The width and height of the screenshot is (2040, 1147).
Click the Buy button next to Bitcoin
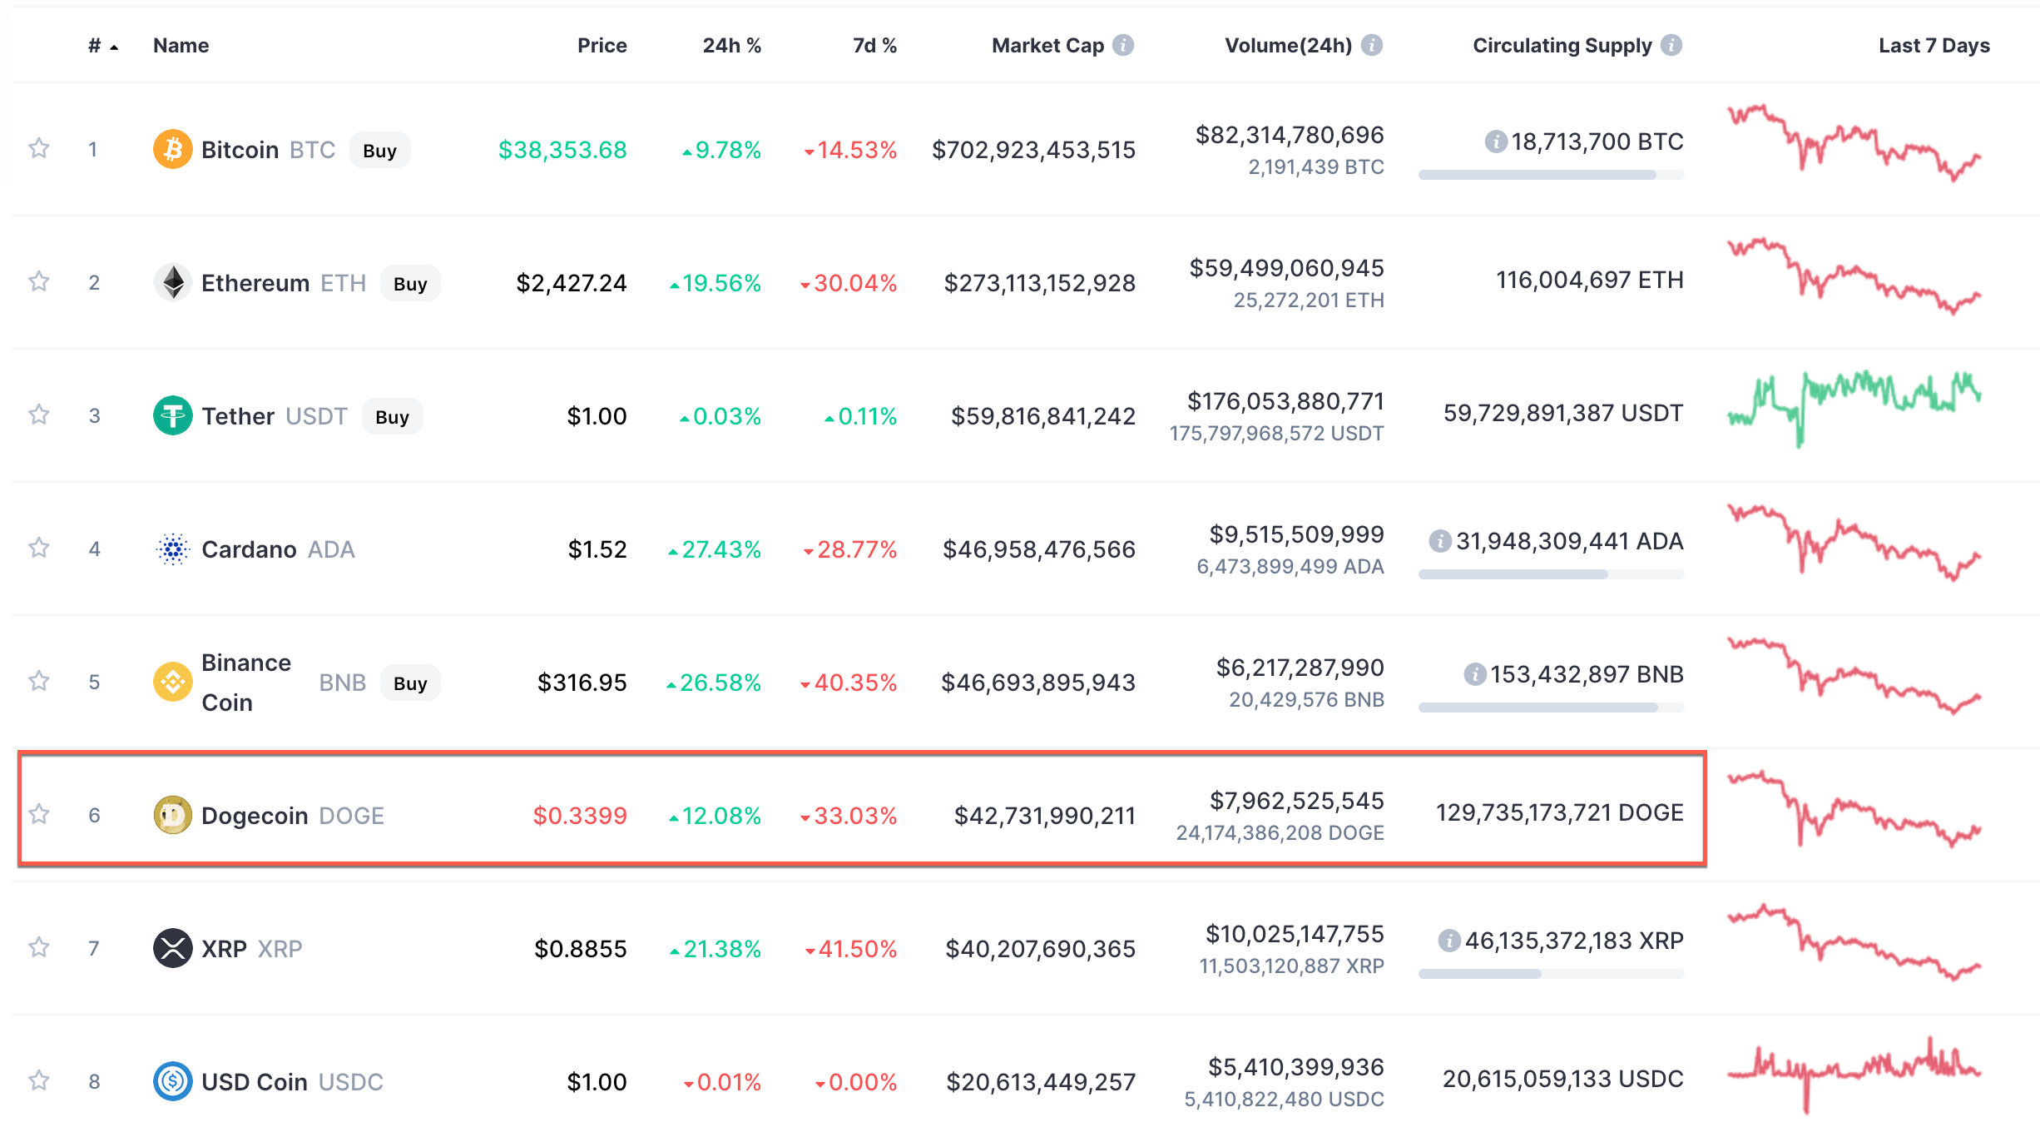tap(379, 151)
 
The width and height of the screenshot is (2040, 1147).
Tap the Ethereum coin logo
tap(173, 282)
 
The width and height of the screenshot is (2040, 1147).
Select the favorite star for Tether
tap(39, 415)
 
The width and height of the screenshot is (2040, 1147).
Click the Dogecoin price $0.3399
tap(579, 816)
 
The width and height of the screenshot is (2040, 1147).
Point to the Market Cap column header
tap(1047, 46)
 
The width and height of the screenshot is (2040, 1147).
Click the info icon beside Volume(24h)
tap(1372, 46)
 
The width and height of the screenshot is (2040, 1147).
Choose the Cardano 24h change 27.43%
tap(720, 549)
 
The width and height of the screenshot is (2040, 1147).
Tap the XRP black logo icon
tap(173, 948)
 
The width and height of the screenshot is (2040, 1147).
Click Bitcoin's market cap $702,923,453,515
tap(1033, 150)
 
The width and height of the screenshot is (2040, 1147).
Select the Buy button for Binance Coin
tap(410, 683)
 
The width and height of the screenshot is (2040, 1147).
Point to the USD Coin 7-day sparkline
tap(1854, 1074)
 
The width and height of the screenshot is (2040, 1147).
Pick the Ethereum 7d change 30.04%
tap(854, 283)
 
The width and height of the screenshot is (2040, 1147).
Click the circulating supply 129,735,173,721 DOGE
tap(1559, 812)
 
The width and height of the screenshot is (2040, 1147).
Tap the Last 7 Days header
tap(1934, 46)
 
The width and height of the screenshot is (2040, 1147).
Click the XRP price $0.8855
tap(580, 949)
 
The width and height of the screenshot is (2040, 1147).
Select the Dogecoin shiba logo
tap(173, 815)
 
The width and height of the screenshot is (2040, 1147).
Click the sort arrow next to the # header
tap(114, 47)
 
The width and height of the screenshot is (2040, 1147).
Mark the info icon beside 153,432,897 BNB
tap(1474, 674)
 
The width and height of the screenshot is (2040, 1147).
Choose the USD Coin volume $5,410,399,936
tap(1295, 1067)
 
